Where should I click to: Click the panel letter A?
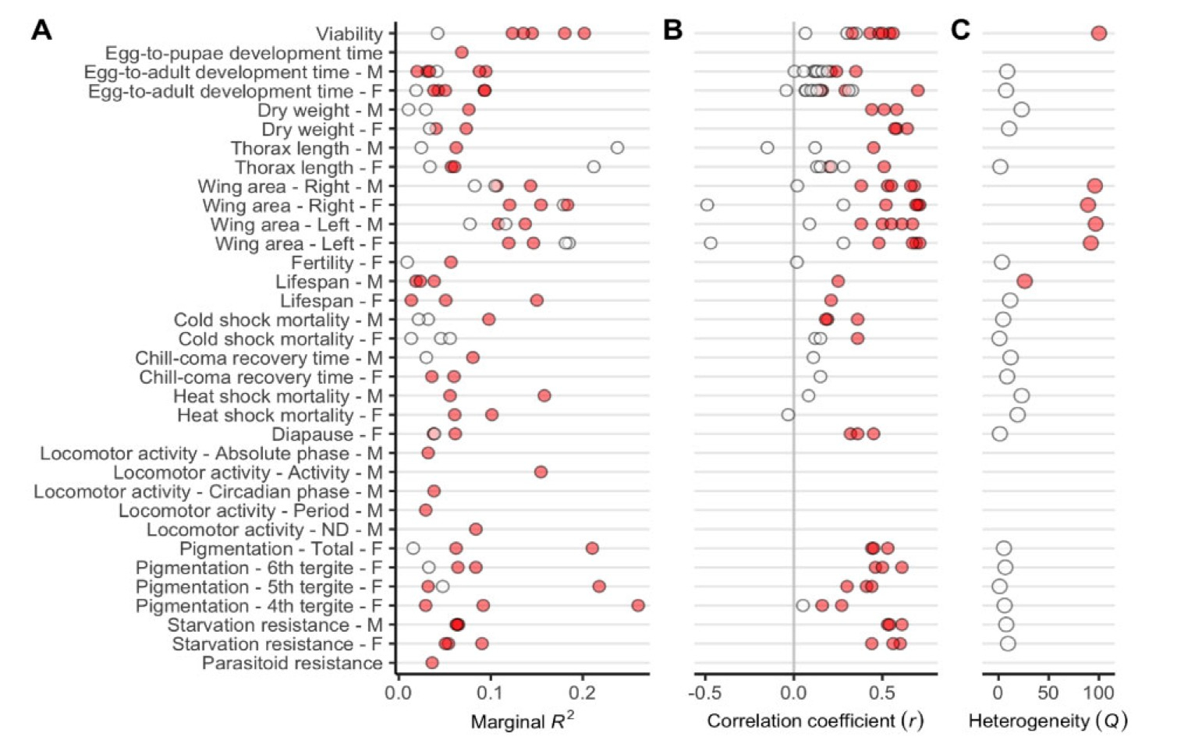click(x=41, y=30)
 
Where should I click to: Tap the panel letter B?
click(x=672, y=30)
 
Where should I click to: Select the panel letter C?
click(x=960, y=30)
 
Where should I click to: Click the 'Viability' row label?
click(x=349, y=34)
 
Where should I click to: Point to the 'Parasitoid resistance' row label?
click(x=293, y=664)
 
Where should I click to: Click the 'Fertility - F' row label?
click(x=337, y=263)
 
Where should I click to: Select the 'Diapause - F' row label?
click(x=327, y=434)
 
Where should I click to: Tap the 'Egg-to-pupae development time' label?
click(x=243, y=53)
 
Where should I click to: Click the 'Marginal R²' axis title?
click(x=522, y=721)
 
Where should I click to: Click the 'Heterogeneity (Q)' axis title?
click(x=1048, y=721)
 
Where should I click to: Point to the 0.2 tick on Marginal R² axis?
click(x=582, y=693)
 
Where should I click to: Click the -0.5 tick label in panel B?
click(x=704, y=693)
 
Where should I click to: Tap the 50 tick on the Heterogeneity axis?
click(x=1048, y=693)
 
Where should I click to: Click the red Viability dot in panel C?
click(x=1099, y=34)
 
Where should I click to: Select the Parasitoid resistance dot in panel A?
click(x=431, y=663)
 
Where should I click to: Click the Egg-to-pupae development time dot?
click(x=461, y=52)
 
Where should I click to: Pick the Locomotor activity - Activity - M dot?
click(x=541, y=472)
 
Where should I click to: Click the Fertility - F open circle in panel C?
click(x=1002, y=262)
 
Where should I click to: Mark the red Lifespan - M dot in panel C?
click(x=1025, y=281)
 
